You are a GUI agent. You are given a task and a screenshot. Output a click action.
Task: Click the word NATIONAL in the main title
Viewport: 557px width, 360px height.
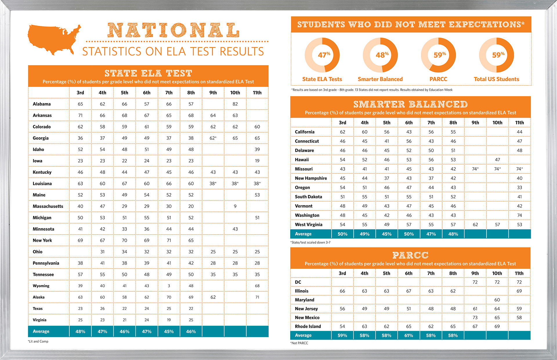tap(173, 30)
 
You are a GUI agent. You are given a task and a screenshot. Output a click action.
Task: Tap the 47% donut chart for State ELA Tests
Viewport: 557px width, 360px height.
tap(322, 55)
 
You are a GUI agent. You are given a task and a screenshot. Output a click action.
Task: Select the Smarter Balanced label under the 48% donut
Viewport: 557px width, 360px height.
tap(380, 79)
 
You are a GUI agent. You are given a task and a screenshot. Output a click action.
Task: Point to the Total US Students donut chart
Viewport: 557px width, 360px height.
tap(496, 55)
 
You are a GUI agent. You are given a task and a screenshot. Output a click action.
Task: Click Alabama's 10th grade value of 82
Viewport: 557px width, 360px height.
tap(235, 104)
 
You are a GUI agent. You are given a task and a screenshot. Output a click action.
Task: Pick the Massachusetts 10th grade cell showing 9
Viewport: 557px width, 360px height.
tap(235, 206)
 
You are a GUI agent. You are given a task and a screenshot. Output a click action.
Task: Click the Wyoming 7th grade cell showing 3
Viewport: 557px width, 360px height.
tap(169, 286)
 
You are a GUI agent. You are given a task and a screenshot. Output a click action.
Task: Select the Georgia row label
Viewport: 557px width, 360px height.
tap(41, 138)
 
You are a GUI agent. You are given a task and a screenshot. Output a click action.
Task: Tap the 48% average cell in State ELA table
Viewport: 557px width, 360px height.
tap(80, 332)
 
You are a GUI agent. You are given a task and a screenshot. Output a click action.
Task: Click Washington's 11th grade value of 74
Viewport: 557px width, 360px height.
tap(519, 215)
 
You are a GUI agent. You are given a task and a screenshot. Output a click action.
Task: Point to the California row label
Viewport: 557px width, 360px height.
tap(305, 132)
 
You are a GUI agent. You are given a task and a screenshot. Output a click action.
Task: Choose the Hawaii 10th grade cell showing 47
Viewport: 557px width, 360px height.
tap(497, 160)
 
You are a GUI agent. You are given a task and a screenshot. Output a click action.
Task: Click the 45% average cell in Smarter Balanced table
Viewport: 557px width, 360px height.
tap(387, 234)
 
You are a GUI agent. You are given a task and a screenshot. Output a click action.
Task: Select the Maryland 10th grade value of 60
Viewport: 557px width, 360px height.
tap(497, 300)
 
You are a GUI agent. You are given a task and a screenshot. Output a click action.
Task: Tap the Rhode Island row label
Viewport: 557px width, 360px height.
tap(308, 326)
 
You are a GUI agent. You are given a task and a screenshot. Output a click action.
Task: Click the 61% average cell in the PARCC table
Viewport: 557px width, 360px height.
tap(408, 335)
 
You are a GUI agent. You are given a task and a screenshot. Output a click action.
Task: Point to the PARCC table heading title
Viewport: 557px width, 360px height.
tap(410, 255)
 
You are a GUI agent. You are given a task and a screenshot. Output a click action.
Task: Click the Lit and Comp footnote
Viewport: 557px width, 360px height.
tap(38, 341)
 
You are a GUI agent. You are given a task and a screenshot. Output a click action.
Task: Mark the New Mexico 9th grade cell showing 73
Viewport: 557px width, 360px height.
tap(475, 318)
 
